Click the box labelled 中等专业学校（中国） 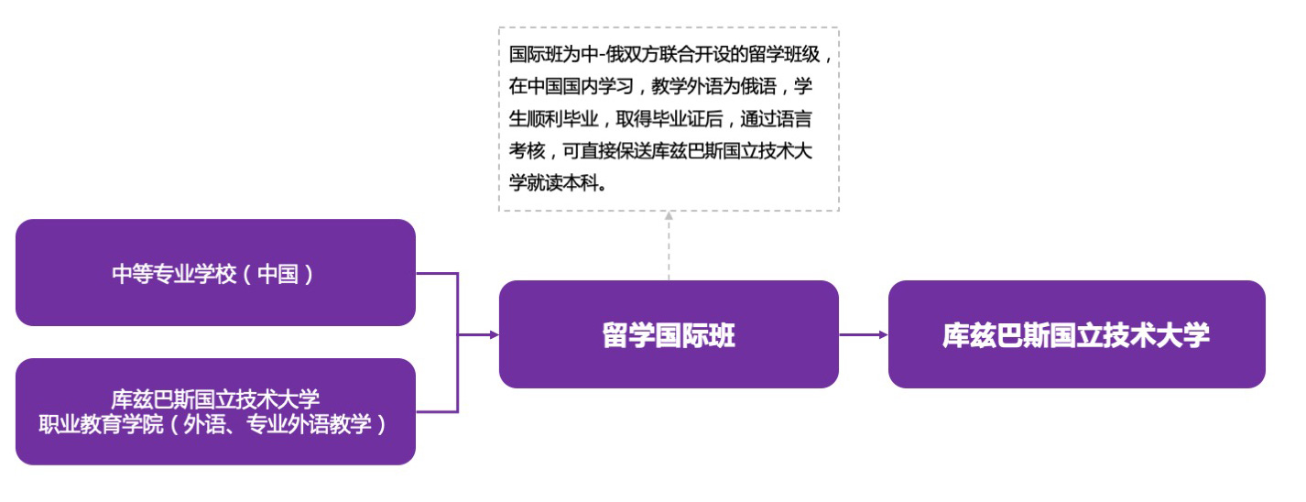pos(215,273)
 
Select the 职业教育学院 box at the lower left pos(215,411)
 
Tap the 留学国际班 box pos(669,334)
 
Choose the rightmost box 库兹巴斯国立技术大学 pos(1076,334)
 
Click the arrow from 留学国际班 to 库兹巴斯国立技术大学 pos(864,334)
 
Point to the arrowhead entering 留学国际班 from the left pos(494,334)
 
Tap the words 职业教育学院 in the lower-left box pos(100,425)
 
